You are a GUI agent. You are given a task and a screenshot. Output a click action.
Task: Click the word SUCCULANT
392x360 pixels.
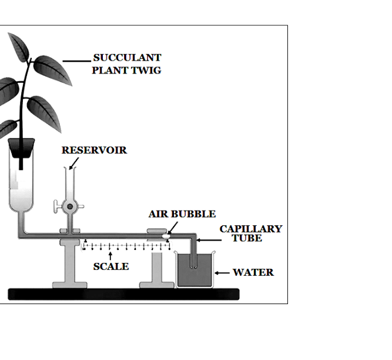(x=128, y=58)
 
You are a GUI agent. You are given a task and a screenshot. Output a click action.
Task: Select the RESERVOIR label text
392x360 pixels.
(x=94, y=150)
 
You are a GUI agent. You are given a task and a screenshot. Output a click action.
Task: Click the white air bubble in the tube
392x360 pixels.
(x=166, y=236)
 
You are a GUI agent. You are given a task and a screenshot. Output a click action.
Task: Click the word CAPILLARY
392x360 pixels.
(x=251, y=229)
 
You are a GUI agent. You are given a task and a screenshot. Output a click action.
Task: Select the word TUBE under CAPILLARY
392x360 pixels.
(x=247, y=238)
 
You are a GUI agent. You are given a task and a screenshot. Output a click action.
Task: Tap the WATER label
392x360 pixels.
(x=253, y=272)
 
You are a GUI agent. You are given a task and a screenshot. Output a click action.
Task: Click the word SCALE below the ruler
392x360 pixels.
(x=111, y=266)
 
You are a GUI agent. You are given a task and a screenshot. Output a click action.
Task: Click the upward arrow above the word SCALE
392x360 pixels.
(x=110, y=256)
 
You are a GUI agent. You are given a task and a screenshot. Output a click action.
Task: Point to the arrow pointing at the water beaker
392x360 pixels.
(x=222, y=273)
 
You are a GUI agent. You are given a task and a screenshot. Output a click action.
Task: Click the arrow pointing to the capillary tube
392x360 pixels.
(x=209, y=240)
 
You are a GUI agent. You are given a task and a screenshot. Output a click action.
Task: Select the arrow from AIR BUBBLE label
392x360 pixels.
(x=173, y=228)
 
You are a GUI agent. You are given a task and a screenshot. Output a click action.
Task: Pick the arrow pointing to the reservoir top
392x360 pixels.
(x=74, y=164)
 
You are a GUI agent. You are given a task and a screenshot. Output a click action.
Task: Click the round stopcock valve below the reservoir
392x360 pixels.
(x=70, y=206)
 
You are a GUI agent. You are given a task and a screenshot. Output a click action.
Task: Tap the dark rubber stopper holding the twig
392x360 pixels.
(x=21, y=148)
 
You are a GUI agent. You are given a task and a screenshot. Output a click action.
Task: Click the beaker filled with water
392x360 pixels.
(x=195, y=269)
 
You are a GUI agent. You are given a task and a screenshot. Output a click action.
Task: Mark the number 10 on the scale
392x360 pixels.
(x=84, y=249)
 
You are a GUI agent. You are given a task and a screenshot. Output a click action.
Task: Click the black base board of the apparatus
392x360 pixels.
(x=124, y=294)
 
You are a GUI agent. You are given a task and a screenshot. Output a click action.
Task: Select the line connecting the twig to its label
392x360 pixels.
(x=77, y=61)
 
